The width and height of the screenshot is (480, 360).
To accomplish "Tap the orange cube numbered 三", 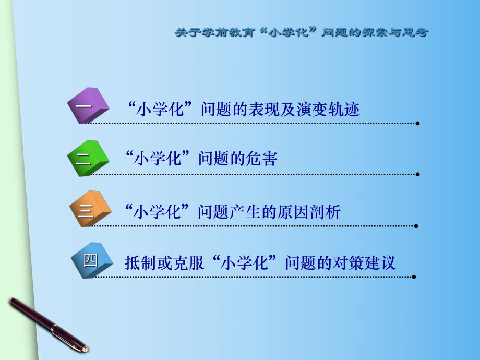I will (x=90, y=209).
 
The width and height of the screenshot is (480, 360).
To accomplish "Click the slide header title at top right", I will (x=301, y=32).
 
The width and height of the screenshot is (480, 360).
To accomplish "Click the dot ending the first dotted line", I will (x=417, y=124).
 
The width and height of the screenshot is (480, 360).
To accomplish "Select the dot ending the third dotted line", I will (x=416, y=226).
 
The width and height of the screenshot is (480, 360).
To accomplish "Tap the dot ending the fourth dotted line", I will (x=414, y=277).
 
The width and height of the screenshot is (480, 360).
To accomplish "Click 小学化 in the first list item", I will (x=162, y=110).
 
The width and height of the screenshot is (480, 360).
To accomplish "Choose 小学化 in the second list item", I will (x=162, y=159).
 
